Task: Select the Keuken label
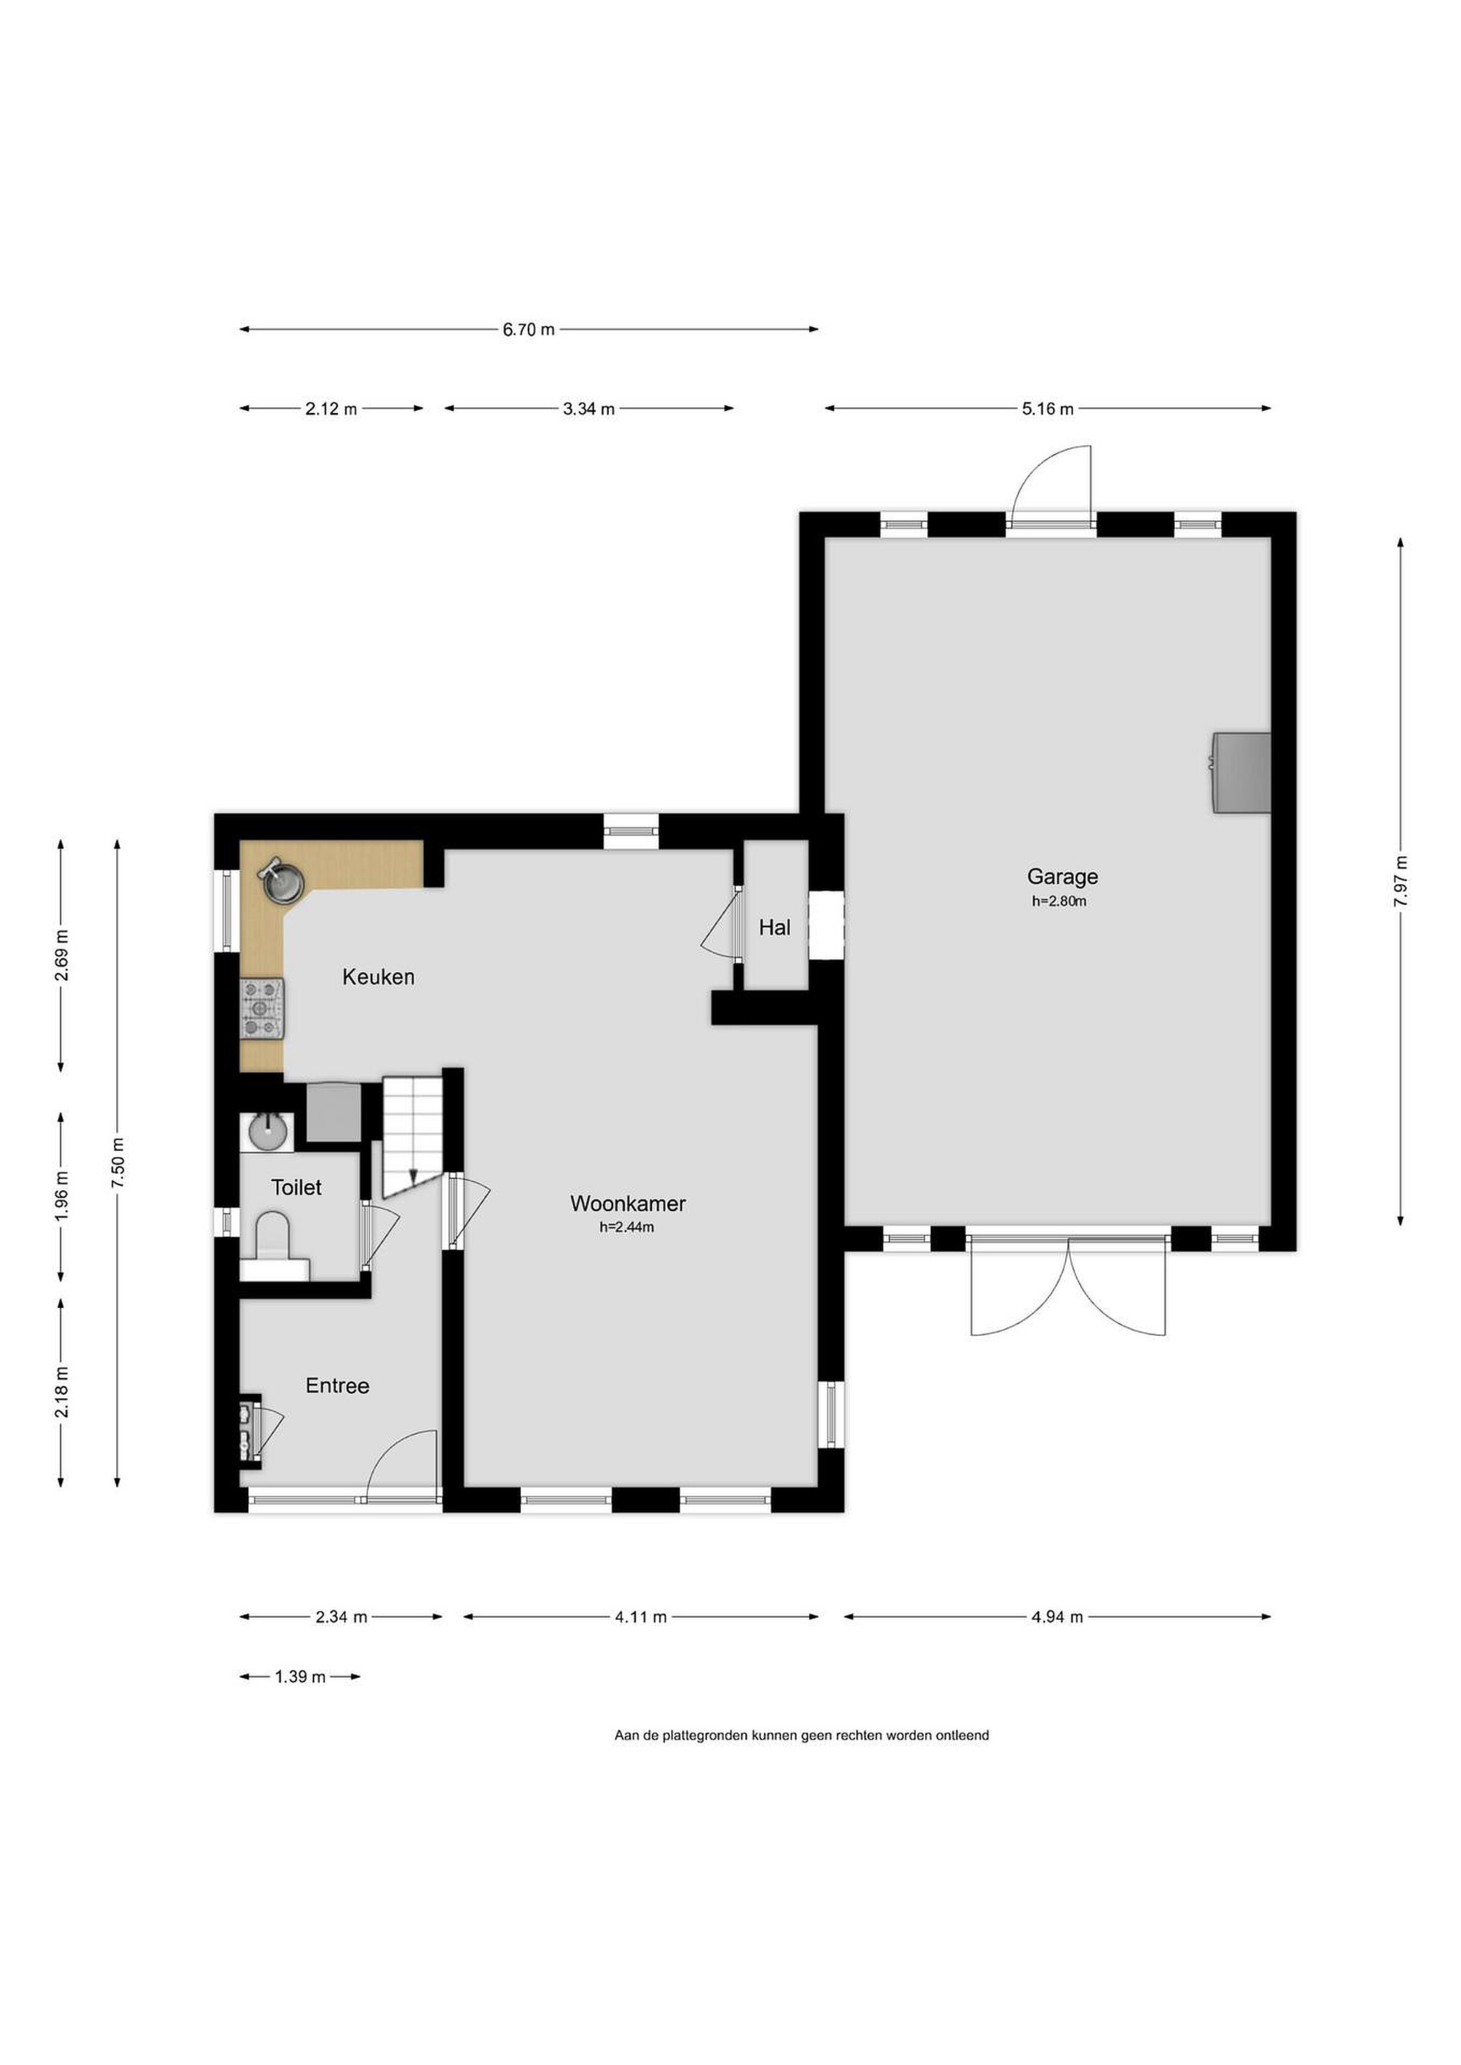pos(379,977)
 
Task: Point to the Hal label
pos(775,927)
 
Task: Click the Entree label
pos(337,1386)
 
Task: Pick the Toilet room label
pos(297,1187)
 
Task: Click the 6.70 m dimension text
pos(529,329)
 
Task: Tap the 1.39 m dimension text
pos(301,1676)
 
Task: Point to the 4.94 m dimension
pos(1057,1616)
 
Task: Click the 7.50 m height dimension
pos(118,1162)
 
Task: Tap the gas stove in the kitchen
pos(263,1008)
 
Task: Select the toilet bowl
pos(272,1234)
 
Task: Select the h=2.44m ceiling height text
pos(626,1227)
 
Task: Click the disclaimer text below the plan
pos(802,1735)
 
